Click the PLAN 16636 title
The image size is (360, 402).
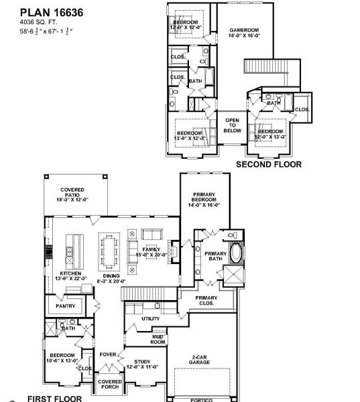point(44,11)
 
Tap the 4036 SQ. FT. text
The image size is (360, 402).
point(39,22)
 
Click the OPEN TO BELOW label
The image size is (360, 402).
point(232,125)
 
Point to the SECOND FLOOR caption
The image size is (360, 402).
point(268,163)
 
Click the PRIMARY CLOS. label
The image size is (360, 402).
point(206,300)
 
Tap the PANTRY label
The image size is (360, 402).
point(65,306)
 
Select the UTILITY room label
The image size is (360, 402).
point(151,319)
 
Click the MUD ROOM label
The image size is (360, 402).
point(159,341)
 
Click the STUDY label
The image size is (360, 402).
point(142,363)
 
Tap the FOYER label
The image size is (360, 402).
point(108,354)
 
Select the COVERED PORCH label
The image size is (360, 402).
point(109,385)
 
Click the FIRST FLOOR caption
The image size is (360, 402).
point(55,398)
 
